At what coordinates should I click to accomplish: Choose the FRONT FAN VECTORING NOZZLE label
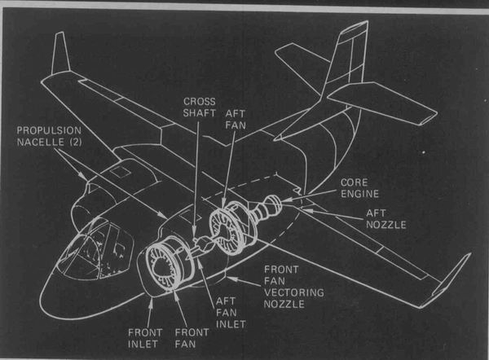point(287,286)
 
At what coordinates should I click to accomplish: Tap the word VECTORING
point(287,292)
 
